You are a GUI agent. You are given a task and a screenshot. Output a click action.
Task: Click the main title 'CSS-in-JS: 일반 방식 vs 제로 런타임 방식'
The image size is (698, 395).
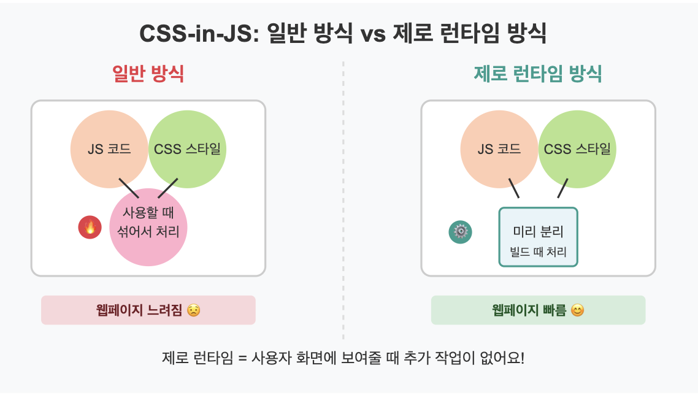point(343,34)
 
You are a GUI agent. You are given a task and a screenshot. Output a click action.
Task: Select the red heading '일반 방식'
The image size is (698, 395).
point(148,74)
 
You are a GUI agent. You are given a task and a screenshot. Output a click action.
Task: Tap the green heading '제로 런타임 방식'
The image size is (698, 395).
point(538,74)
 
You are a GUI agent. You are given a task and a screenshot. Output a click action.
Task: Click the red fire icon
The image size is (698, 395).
point(90,228)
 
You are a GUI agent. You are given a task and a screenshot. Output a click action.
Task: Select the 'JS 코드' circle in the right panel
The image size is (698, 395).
point(499,149)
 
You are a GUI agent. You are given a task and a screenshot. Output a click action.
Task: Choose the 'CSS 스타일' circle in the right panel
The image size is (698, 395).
point(577,149)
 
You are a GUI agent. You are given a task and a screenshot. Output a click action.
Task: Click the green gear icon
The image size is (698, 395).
point(461,232)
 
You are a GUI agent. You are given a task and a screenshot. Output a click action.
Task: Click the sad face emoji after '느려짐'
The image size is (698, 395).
point(193,310)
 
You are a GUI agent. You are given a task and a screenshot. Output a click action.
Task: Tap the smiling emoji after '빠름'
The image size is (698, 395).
point(577,310)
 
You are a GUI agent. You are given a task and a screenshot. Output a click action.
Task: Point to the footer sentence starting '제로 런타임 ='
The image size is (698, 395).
point(343,358)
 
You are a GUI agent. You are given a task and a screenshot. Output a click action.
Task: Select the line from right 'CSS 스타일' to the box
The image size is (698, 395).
point(562,188)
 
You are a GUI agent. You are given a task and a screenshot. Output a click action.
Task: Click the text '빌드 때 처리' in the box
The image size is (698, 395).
point(538,252)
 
